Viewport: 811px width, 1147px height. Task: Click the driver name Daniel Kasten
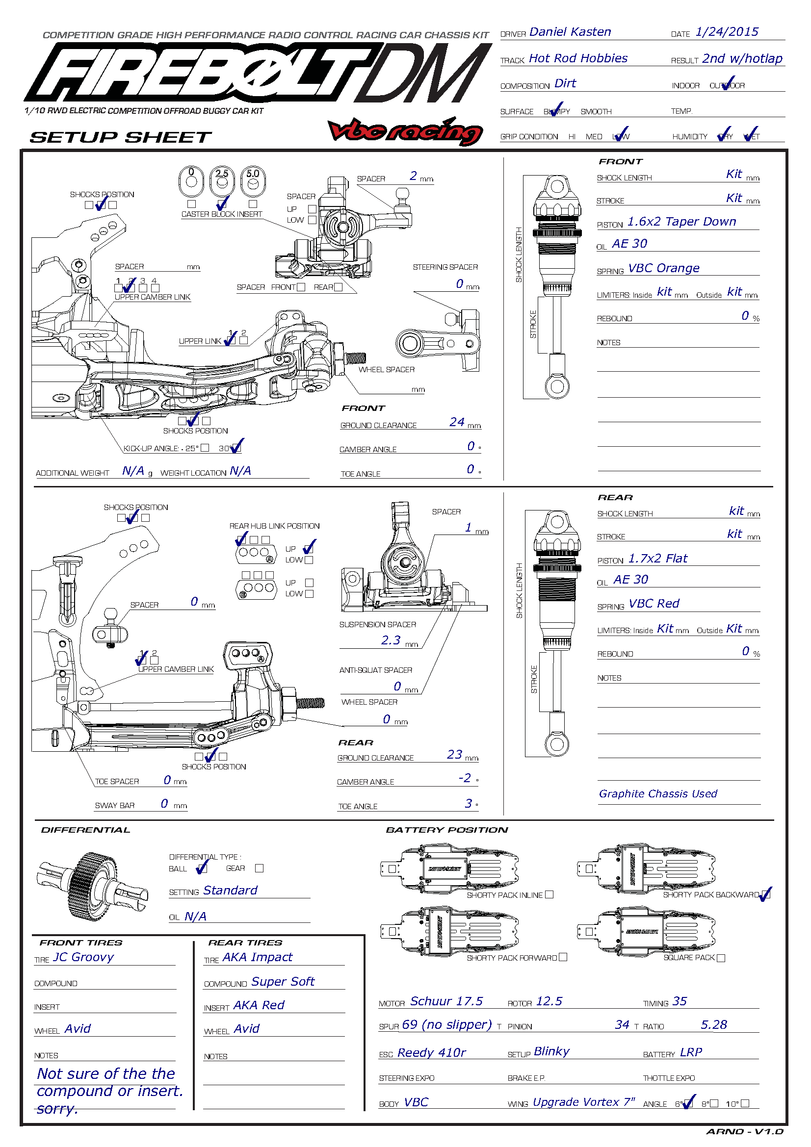[x=570, y=32]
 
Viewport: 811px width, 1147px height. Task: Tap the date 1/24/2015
[x=727, y=32]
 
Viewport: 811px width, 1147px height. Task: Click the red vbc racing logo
[x=405, y=130]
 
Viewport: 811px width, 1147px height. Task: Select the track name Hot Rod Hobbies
[x=577, y=58]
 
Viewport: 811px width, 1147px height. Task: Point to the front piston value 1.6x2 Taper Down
[x=681, y=221]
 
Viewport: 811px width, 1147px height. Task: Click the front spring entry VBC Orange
[x=664, y=268]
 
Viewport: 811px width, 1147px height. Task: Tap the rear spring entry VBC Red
[x=654, y=604]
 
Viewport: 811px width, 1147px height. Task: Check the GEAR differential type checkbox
[x=260, y=868]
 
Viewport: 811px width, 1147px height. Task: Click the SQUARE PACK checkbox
[x=721, y=958]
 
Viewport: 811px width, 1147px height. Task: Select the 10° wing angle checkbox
[x=745, y=1103]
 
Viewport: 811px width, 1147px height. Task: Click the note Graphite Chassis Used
[x=658, y=793]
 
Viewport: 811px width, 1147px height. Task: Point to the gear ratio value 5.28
[x=713, y=1024]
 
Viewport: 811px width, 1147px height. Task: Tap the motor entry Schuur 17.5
[x=446, y=1001]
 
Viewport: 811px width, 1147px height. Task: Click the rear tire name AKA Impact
[x=258, y=957]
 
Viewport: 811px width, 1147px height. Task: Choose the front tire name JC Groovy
[x=83, y=957]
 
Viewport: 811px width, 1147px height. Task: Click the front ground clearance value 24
[x=457, y=422]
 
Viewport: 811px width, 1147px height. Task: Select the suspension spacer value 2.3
[x=391, y=640]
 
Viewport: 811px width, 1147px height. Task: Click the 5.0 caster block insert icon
[x=253, y=180]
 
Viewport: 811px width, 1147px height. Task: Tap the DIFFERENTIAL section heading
[x=85, y=830]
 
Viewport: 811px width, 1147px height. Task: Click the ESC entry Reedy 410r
[x=432, y=1052]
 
